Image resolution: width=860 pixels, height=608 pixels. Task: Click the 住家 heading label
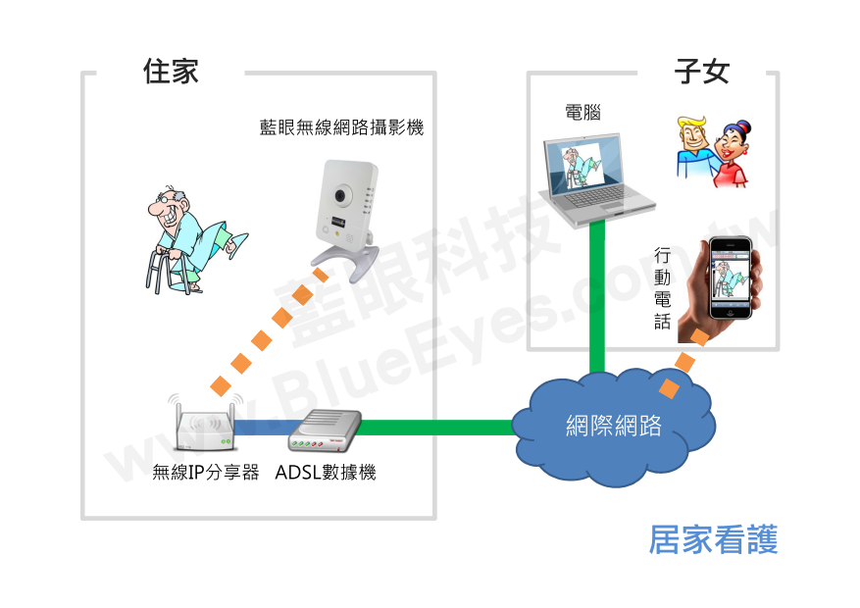(x=171, y=72)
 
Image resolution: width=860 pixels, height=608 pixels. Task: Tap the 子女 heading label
(x=702, y=72)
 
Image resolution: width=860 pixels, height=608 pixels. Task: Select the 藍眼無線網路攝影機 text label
(x=341, y=127)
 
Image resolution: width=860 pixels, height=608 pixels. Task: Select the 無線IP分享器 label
(x=206, y=473)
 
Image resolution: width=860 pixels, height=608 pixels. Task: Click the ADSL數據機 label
(x=326, y=473)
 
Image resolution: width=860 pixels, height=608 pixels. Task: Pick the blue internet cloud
(x=614, y=428)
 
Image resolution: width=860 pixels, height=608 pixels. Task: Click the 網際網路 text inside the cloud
(x=614, y=426)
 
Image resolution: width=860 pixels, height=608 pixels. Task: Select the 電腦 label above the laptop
(x=582, y=113)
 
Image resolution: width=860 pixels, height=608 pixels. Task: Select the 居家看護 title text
(x=713, y=540)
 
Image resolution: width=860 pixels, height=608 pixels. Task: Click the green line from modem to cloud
(x=441, y=428)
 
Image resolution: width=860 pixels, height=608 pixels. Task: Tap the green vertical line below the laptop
(x=595, y=294)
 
